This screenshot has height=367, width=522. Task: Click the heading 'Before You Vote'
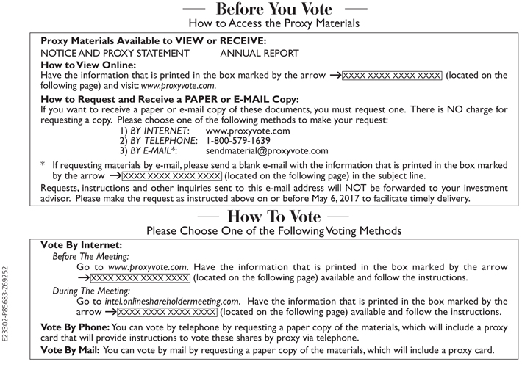pyautogui.click(x=273, y=10)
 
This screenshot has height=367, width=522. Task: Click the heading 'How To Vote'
pyautogui.click(x=273, y=217)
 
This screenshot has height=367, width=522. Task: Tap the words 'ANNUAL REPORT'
pyautogui.click(x=260, y=53)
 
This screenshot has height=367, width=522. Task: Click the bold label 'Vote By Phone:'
pyautogui.click(x=76, y=327)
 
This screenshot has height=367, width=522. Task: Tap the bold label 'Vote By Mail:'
pyautogui.click(x=72, y=350)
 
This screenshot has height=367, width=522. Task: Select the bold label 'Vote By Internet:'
pyautogui.click(x=81, y=244)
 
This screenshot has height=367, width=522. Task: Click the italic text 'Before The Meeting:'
pyautogui.click(x=90, y=256)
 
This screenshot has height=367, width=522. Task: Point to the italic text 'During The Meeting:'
pyautogui.click(x=90, y=290)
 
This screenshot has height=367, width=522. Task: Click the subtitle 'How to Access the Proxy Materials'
pyautogui.click(x=273, y=24)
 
